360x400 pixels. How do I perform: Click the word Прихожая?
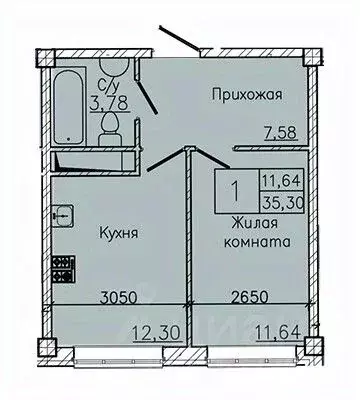coord(248,94)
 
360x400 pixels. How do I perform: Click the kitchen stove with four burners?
coord(63,267)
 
